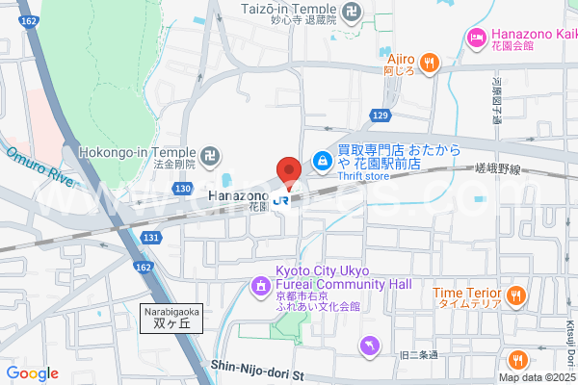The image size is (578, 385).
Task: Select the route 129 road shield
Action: (x=381, y=115)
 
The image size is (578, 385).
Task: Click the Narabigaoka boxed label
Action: (x=172, y=319)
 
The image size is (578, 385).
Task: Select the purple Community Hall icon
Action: (x=260, y=285)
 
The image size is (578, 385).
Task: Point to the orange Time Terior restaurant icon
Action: (x=516, y=294)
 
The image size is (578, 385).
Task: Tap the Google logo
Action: (x=32, y=373)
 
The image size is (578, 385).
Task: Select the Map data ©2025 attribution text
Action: (x=538, y=377)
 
